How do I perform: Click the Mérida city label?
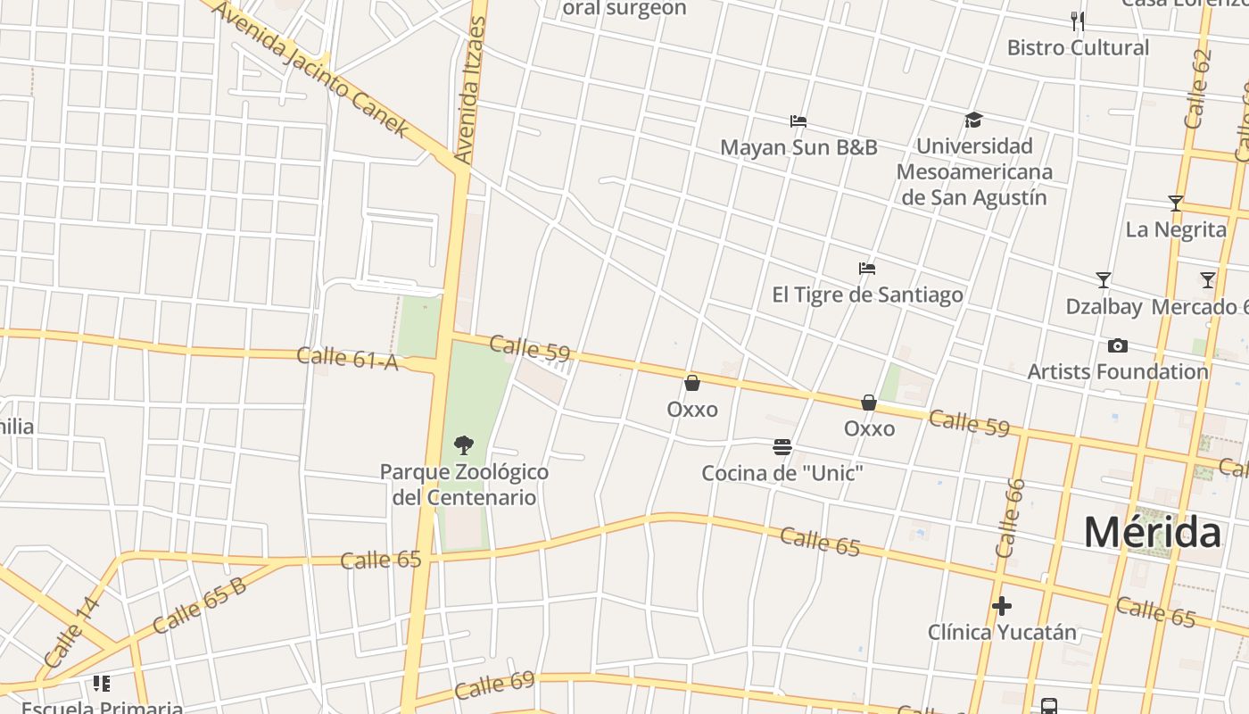click(1152, 533)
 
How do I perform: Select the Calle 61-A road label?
click(347, 358)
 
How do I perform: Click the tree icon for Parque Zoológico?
click(463, 444)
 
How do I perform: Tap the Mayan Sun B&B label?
click(798, 147)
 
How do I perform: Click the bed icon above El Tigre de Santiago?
click(866, 268)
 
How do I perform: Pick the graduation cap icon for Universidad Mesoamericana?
click(973, 120)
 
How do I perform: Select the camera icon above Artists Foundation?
click(1117, 345)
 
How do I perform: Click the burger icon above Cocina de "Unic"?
click(782, 446)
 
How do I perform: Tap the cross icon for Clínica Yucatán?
click(1002, 606)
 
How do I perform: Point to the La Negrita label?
click(1176, 229)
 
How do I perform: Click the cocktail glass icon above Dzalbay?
click(1104, 280)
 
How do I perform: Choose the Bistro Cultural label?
click(1078, 47)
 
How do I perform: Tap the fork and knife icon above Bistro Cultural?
click(1078, 21)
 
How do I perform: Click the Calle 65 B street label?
click(199, 606)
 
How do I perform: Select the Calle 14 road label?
click(71, 632)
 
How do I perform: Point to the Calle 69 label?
click(494, 685)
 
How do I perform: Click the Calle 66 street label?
click(1010, 519)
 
